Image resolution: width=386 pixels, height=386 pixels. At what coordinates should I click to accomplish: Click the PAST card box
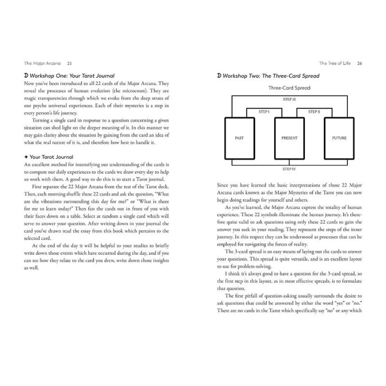[239, 138]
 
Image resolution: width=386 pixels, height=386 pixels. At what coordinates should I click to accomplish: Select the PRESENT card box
[289, 138]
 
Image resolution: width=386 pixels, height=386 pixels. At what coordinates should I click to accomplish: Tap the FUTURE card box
[339, 138]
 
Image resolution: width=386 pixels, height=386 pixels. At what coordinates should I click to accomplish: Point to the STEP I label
[264, 111]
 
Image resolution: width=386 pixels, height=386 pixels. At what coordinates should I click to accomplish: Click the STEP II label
[314, 111]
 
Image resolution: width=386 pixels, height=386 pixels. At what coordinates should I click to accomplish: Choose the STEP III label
[289, 98]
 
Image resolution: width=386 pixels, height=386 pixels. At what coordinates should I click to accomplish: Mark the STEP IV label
[289, 169]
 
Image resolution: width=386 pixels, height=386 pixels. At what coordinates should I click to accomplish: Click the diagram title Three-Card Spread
[289, 88]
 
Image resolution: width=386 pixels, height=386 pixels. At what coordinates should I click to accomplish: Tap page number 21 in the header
[70, 63]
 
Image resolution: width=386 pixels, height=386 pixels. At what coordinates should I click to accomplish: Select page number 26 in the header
[359, 63]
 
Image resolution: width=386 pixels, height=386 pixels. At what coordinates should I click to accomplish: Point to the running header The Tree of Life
[335, 63]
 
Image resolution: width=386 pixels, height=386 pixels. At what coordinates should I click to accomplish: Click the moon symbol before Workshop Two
[220, 76]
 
